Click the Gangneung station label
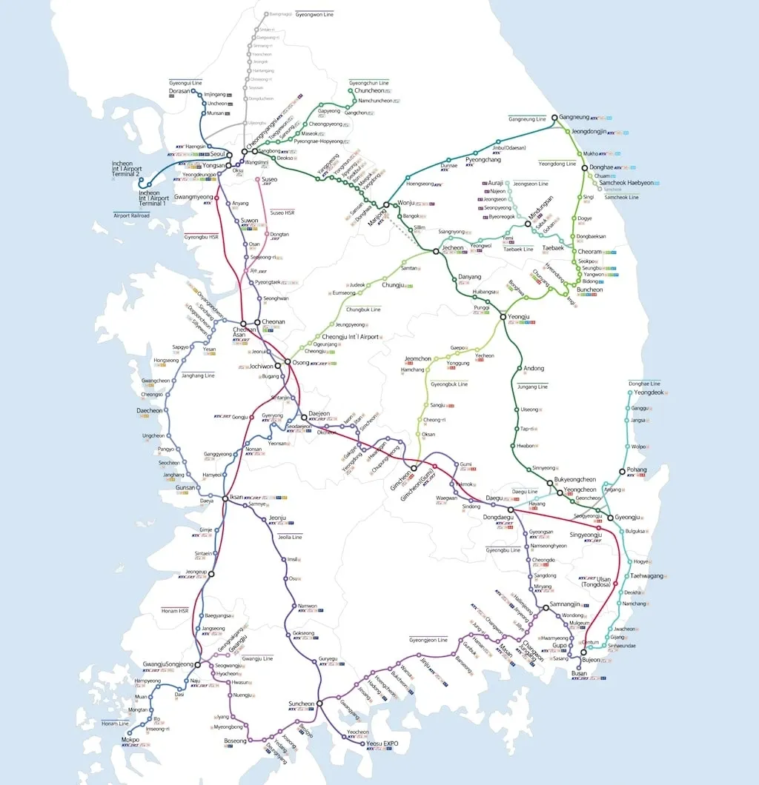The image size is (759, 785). pos(574,117)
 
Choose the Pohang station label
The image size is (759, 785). pos(636,470)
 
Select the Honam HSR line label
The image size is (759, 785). pos(175,611)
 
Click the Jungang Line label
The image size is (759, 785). pos(533,386)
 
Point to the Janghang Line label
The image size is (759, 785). pos(199,375)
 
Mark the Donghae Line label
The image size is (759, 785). pos(643,384)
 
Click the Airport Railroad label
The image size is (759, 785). pos(131,216)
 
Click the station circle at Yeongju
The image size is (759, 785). pos(503,317)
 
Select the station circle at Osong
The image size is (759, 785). pos(288,362)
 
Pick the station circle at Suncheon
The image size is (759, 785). pos(319,704)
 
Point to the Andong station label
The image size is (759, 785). pos(534,368)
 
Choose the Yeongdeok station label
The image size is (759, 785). pos(648,392)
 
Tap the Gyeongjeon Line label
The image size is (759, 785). pos(428,639)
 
